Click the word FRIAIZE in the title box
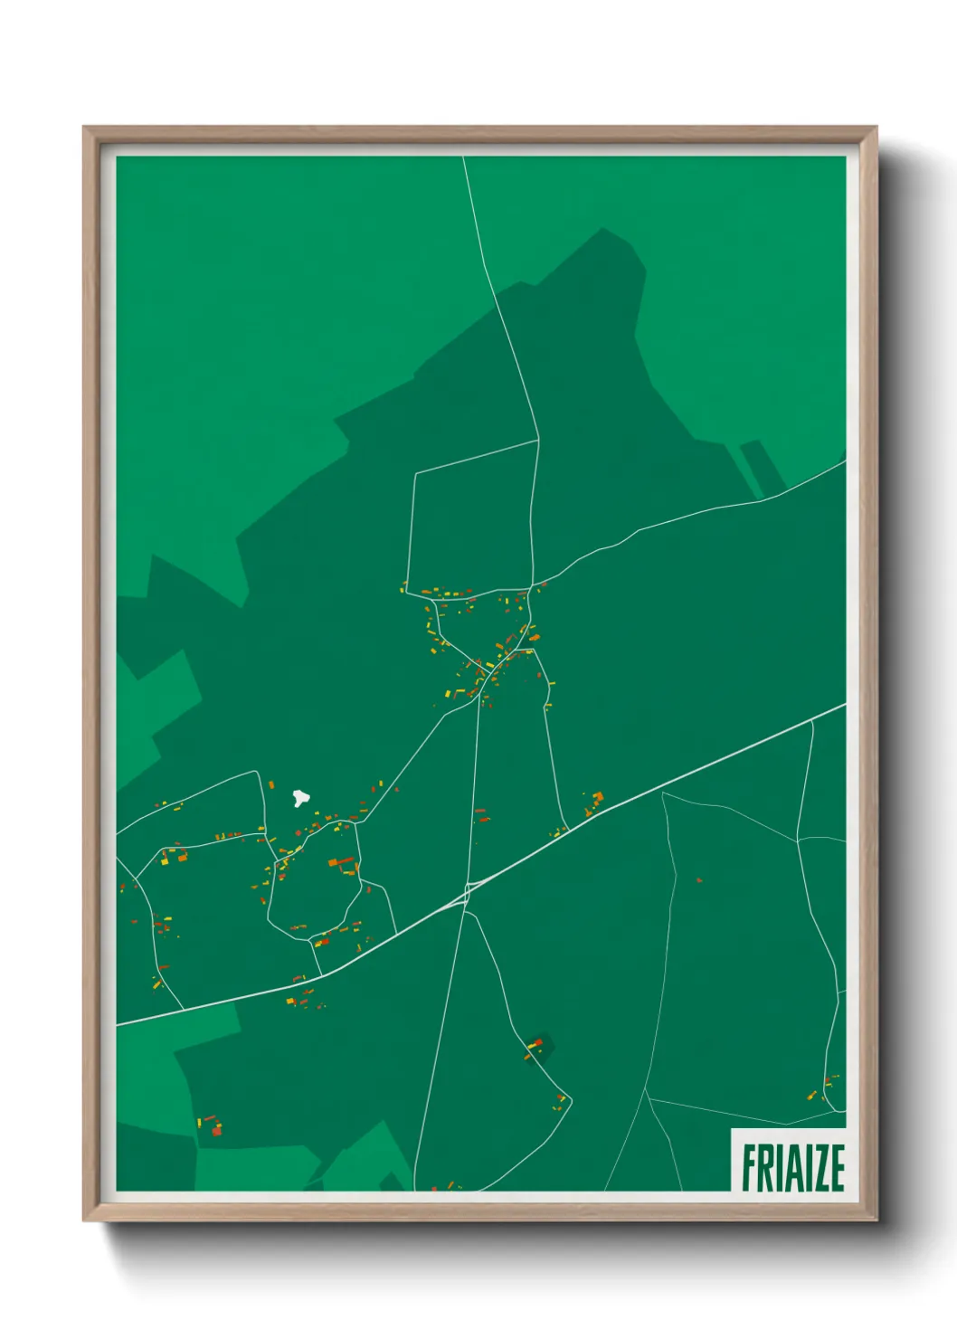coord(792,1167)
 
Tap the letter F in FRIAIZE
coord(750,1167)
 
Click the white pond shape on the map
coord(300,798)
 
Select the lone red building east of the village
coord(699,879)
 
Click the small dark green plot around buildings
coord(540,1047)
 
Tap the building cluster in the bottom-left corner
coord(211,1126)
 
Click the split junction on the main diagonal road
coord(467,890)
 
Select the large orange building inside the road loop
coord(342,863)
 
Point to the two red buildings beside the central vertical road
coord(480,816)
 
